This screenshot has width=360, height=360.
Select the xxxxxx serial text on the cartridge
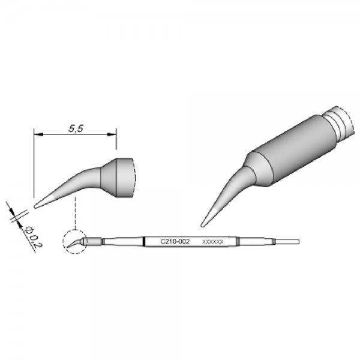pos(214,242)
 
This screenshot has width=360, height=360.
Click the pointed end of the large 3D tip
pos(203,225)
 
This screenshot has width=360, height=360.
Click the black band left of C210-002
pos(145,241)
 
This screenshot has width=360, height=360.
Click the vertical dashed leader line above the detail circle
pos(74,213)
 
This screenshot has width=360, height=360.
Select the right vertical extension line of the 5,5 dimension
pos(116,144)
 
